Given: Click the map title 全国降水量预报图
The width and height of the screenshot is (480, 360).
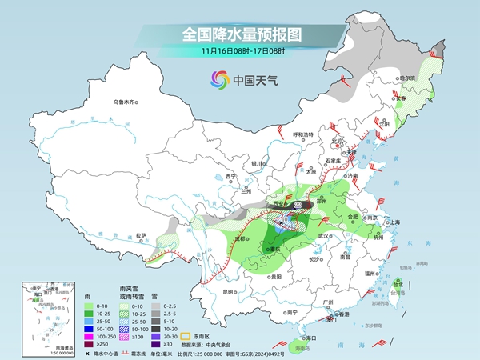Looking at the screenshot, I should click(x=240, y=35).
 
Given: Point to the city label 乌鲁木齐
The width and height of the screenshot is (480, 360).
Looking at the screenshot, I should click(x=126, y=102).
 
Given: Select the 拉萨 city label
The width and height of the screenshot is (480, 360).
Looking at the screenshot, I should click(x=142, y=235).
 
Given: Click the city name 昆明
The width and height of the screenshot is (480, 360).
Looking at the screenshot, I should click(x=230, y=291).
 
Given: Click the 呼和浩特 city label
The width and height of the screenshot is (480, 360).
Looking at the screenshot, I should click(x=303, y=134).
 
